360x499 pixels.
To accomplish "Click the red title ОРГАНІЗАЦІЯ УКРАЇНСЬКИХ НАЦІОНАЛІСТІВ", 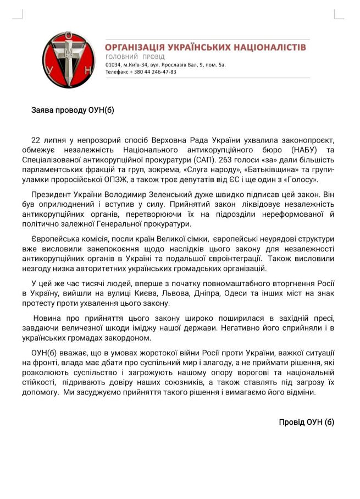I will pos(206,47).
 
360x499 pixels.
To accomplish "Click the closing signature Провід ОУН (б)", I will pos(306,422).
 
